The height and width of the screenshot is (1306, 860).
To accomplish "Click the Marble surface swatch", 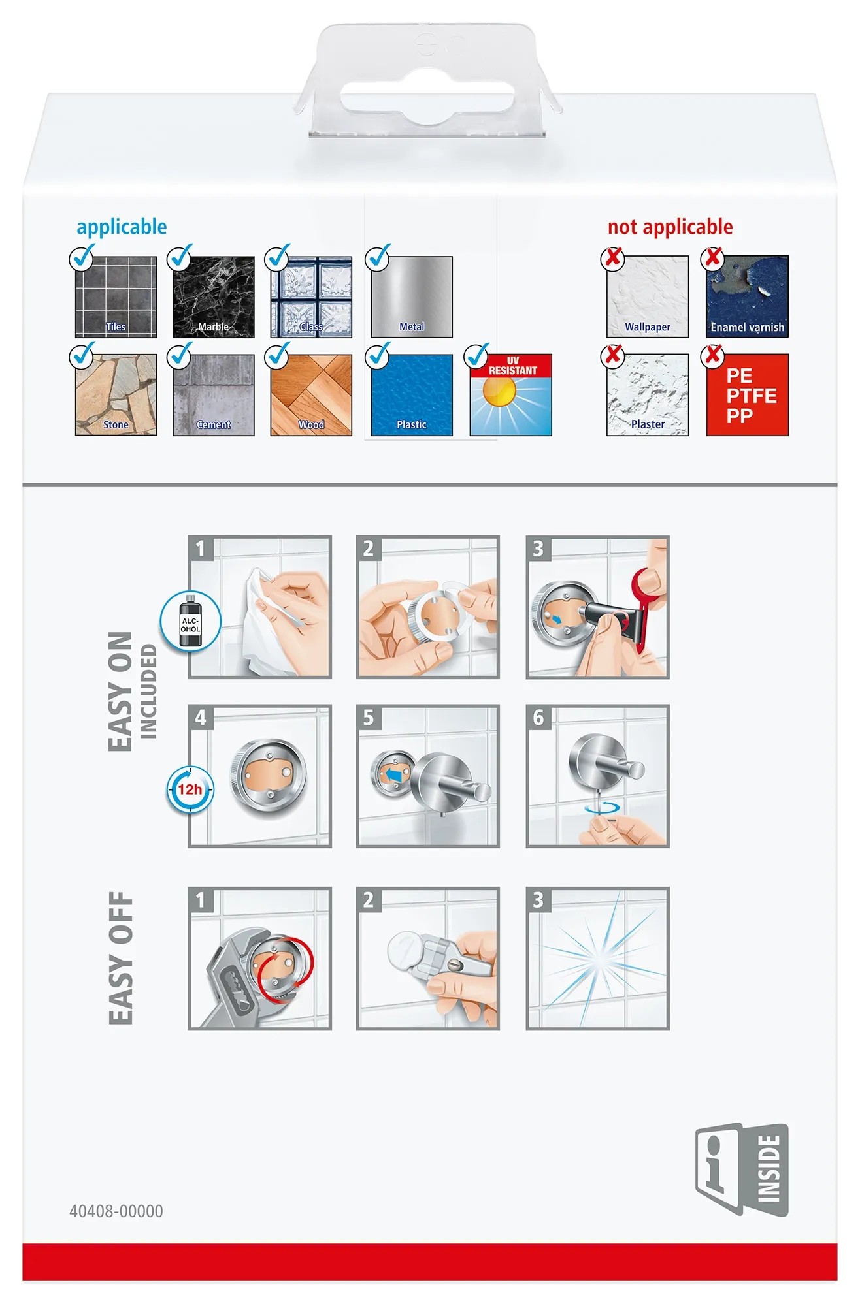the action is [x=214, y=297].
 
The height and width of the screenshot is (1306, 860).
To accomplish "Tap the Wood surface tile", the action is [x=311, y=395].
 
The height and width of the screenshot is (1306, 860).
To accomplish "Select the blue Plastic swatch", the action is [x=412, y=395].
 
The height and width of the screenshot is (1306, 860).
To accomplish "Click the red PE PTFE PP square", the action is [x=748, y=395].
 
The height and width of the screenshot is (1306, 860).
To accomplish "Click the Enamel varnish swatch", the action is [x=748, y=296].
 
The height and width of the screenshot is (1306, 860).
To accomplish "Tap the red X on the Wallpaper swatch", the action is [x=613, y=258].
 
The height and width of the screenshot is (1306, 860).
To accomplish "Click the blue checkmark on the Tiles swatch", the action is [x=83, y=257].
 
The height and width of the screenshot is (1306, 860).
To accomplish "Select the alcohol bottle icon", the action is [x=191, y=622].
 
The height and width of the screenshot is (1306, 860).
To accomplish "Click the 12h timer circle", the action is [x=190, y=789].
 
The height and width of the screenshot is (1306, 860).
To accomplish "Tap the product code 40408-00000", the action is [x=116, y=1211].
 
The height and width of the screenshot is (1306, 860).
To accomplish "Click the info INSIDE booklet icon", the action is [x=742, y=1169].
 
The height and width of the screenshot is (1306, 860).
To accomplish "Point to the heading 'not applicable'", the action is [x=670, y=227].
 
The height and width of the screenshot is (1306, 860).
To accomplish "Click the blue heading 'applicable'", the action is [x=122, y=227].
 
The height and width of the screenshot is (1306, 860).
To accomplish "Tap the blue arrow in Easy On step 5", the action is [x=393, y=774].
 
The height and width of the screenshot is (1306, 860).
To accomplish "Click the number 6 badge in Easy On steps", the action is [x=538, y=718].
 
